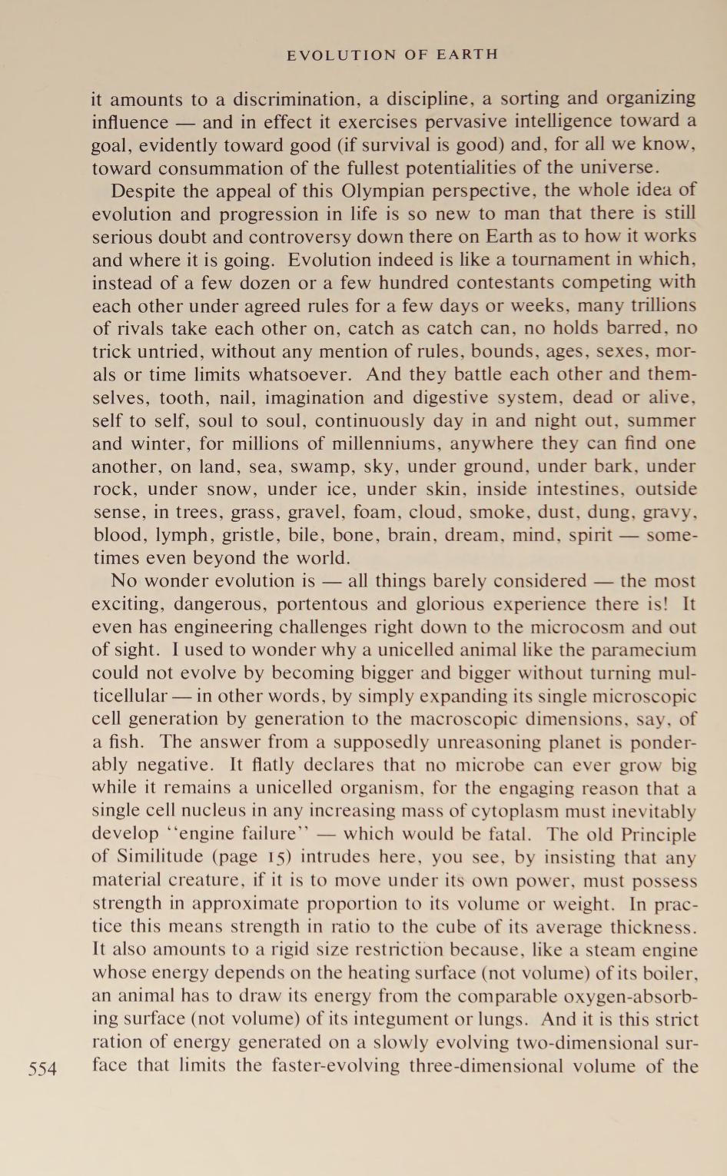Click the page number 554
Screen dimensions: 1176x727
[42, 1069]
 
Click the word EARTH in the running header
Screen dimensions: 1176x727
[467, 55]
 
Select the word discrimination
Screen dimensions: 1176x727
[294, 100]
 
